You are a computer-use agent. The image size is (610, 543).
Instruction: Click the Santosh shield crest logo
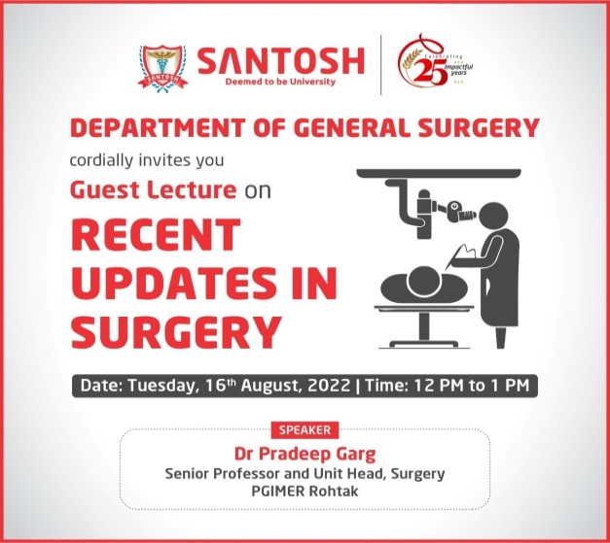(163, 69)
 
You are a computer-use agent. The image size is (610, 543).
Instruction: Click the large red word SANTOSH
(281, 60)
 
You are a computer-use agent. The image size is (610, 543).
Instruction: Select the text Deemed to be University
(280, 82)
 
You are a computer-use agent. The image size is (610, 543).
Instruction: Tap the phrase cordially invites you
(147, 160)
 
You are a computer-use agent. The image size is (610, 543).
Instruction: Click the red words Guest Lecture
(154, 189)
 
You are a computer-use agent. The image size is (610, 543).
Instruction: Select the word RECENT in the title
(156, 235)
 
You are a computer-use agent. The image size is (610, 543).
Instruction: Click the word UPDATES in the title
(174, 283)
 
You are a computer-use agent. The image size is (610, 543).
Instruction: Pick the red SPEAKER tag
(305, 430)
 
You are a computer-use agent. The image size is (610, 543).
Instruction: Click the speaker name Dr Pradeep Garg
(305, 454)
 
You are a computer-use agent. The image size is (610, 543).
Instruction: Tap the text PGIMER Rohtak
(305, 491)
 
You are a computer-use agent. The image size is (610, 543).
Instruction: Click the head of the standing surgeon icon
(493, 217)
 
